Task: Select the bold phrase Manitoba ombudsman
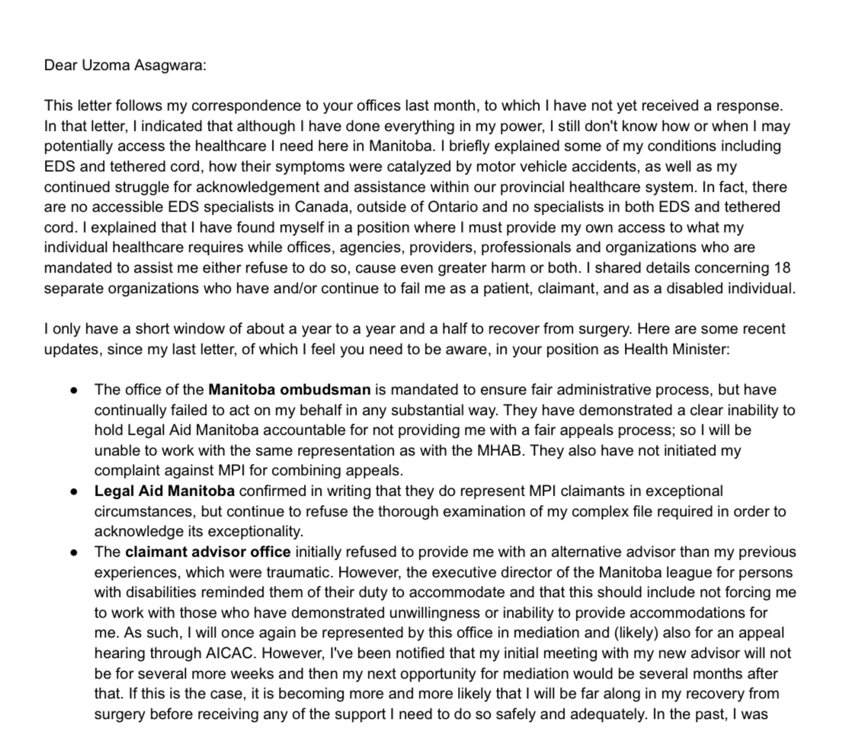pyautogui.click(x=290, y=390)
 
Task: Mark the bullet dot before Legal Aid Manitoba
pyautogui.click(x=74, y=490)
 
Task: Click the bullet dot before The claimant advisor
pyautogui.click(x=74, y=551)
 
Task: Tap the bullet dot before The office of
pyautogui.click(x=74, y=390)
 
